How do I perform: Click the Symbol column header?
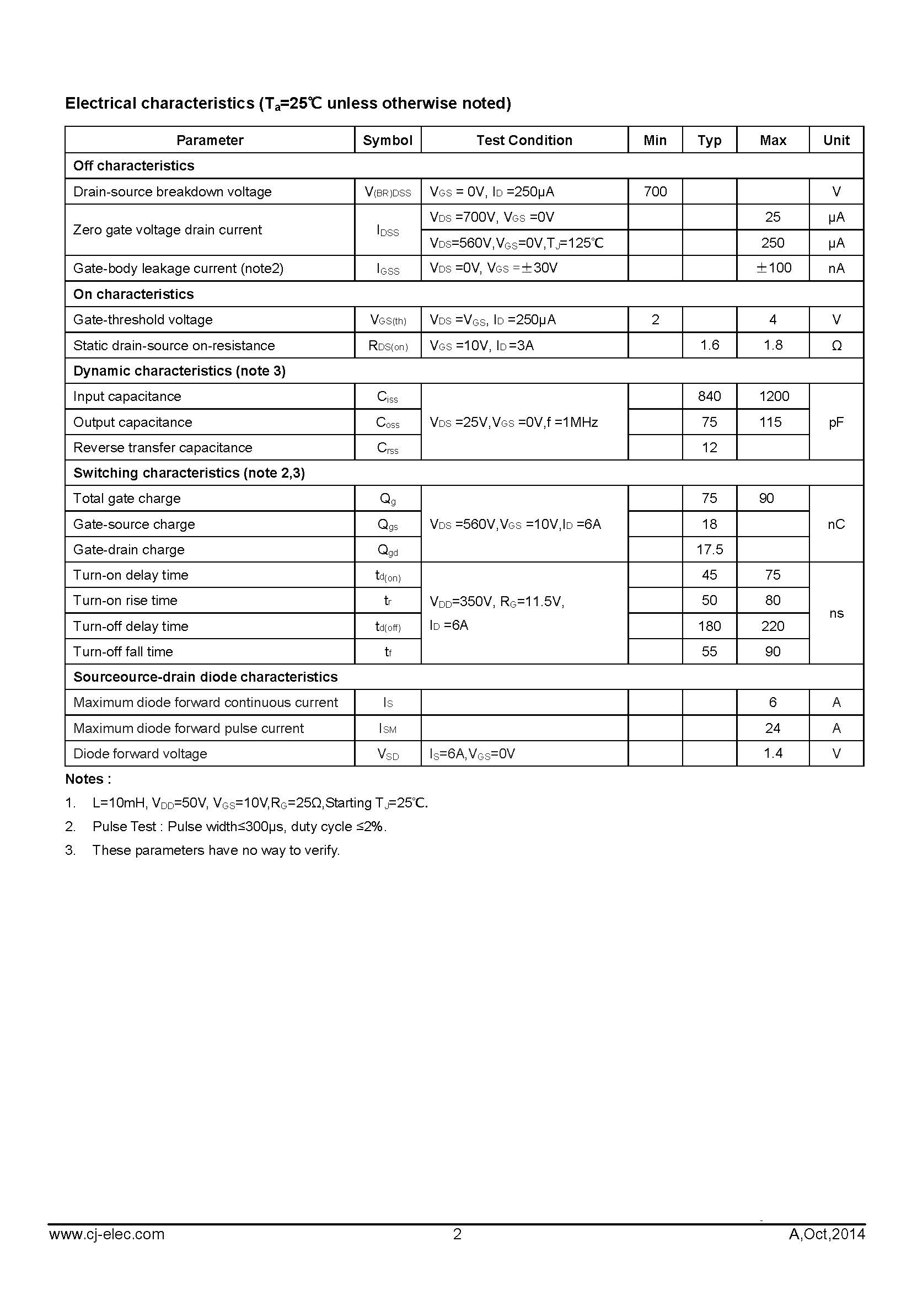tap(388, 140)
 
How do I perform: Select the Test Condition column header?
tap(524, 140)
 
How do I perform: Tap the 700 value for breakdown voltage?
tap(655, 191)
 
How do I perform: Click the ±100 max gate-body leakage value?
tap(772, 268)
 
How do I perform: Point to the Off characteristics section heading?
tap(133, 166)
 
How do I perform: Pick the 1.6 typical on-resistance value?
tap(709, 345)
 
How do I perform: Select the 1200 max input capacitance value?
tap(773, 396)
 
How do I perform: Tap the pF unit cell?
tap(836, 422)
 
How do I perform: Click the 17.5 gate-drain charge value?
tap(709, 549)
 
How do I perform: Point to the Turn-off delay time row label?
tap(131, 626)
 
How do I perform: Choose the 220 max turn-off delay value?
tap(772, 626)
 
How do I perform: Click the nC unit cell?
tap(836, 524)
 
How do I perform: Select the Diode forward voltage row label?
tap(141, 753)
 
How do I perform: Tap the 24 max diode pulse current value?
tap(772, 728)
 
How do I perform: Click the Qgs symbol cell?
tap(388, 524)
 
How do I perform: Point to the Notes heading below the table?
tap(88, 779)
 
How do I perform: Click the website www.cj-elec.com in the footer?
tap(107, 1234)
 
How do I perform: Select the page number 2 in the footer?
tap(457, 1234)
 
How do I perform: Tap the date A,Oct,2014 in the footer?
tap(827, 1234)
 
